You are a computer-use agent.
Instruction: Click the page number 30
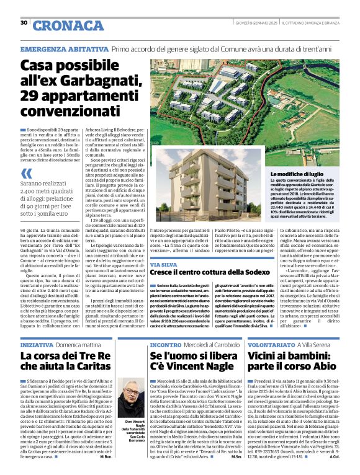point(24,22)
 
